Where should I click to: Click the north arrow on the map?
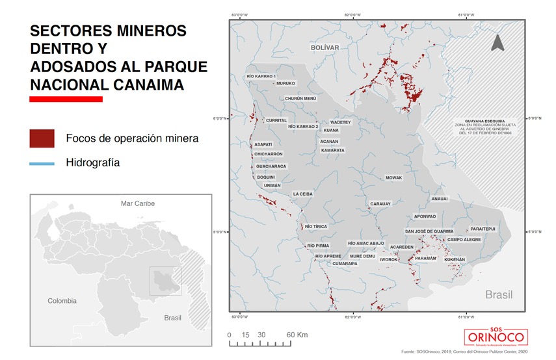pos(497,43)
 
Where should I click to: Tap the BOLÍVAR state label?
pos(325,48)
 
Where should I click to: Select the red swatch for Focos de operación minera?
pos(42,138)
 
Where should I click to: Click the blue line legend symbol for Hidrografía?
pos(42,163)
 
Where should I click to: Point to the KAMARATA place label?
pos(333,150)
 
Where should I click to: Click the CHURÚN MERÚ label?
pos(300,99)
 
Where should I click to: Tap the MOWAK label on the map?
pos(394,178)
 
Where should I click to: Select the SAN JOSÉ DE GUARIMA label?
pos(429,231)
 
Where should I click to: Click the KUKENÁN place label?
pos(455,260)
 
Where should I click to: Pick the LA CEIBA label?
pos(303,194)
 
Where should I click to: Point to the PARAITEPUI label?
pos(483,229)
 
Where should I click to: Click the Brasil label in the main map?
pos(499,295)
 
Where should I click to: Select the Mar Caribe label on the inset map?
pos(138,203)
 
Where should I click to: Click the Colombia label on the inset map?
pos(62,301)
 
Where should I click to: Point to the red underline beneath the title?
pos(66,99)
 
